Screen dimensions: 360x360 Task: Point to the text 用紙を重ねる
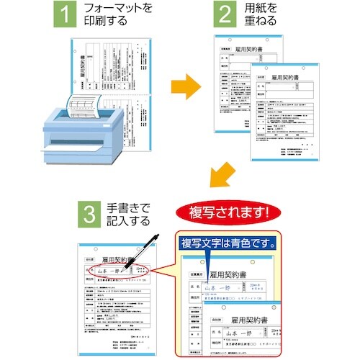tap(263, 15)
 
